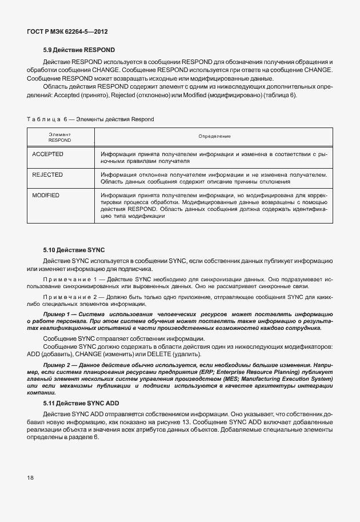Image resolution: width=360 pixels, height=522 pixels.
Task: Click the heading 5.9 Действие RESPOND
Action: tap(79, 50)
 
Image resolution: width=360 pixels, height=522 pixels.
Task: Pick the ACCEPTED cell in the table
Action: tap(47, 154)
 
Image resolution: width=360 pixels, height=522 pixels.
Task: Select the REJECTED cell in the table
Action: tap(47, 174)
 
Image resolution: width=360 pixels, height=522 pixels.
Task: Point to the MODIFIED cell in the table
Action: tap(46, 196)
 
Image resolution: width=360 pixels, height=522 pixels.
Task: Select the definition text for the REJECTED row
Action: tap(214, 178)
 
